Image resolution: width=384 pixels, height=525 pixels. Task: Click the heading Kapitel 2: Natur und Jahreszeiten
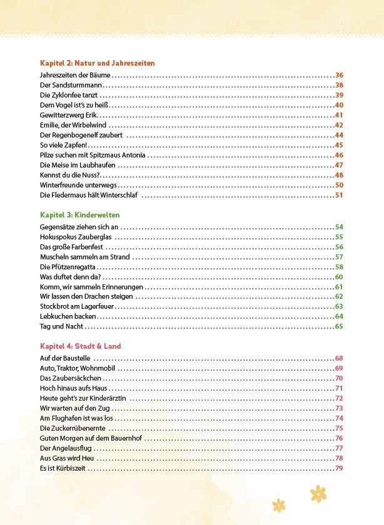[x=97, y=63]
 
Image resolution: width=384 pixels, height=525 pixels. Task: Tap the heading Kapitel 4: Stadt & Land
[x=80, y=346]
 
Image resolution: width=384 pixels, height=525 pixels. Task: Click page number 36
[x=340, y=75]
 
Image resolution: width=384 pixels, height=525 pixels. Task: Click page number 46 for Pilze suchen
[x=340, y=155]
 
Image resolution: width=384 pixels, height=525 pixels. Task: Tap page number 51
[x=340, y=195]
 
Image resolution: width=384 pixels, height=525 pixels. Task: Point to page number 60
[x=340, y=277]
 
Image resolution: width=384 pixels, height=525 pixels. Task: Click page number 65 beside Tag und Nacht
[x=340, y=327]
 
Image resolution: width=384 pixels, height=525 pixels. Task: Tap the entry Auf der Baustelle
[x=65, y=358]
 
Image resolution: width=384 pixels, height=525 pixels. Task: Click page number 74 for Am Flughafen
[x=340, y=418]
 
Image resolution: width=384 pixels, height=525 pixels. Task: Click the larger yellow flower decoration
[x=318, y=493]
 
